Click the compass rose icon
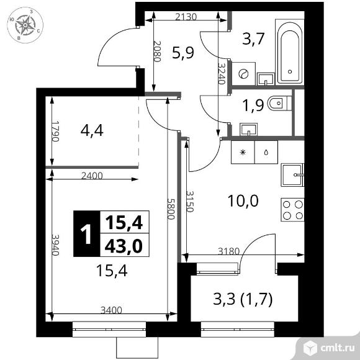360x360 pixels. [x=25, y=25]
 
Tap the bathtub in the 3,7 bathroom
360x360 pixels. [x=289, y=53]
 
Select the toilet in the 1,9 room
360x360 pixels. [x=280, y=103]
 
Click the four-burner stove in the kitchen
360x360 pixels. [x=292, y=210]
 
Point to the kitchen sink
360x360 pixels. [x=292, y=175]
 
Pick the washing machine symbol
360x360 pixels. [x=243, y=74]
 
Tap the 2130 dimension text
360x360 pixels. [x=186, y=17]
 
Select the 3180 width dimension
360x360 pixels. [x=228, y=251]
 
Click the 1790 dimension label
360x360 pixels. [x=55, y=132]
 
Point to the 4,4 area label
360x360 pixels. [x=92, y=130]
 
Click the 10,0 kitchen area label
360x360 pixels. [x=243, y=200]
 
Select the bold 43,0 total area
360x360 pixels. [x=124, y=246]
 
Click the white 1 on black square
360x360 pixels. [x=87, y=234]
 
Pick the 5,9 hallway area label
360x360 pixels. [x=183, y=53]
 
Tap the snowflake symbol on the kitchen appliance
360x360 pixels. [x=243, y=152]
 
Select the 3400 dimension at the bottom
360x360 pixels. [x=111, y=310]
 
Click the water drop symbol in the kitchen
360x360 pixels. [x=266, y=152]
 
